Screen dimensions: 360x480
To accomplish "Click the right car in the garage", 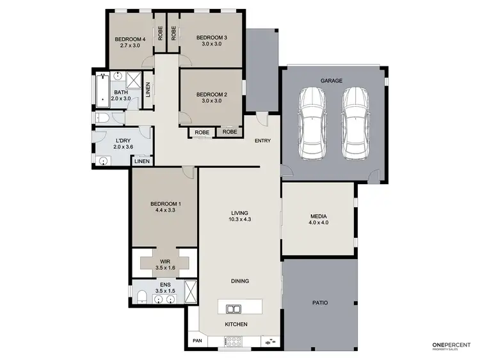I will (356, 123).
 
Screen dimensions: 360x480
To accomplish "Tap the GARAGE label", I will (332, 81).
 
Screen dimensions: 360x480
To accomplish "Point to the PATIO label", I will (319, 302).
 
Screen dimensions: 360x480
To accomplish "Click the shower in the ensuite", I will (190, 290).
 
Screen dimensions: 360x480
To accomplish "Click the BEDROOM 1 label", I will (165, 204).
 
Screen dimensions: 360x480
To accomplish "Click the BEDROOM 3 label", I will (212, 38).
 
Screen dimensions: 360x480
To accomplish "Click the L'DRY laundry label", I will (123, 141).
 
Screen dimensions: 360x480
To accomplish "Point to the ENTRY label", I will (263, 140).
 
